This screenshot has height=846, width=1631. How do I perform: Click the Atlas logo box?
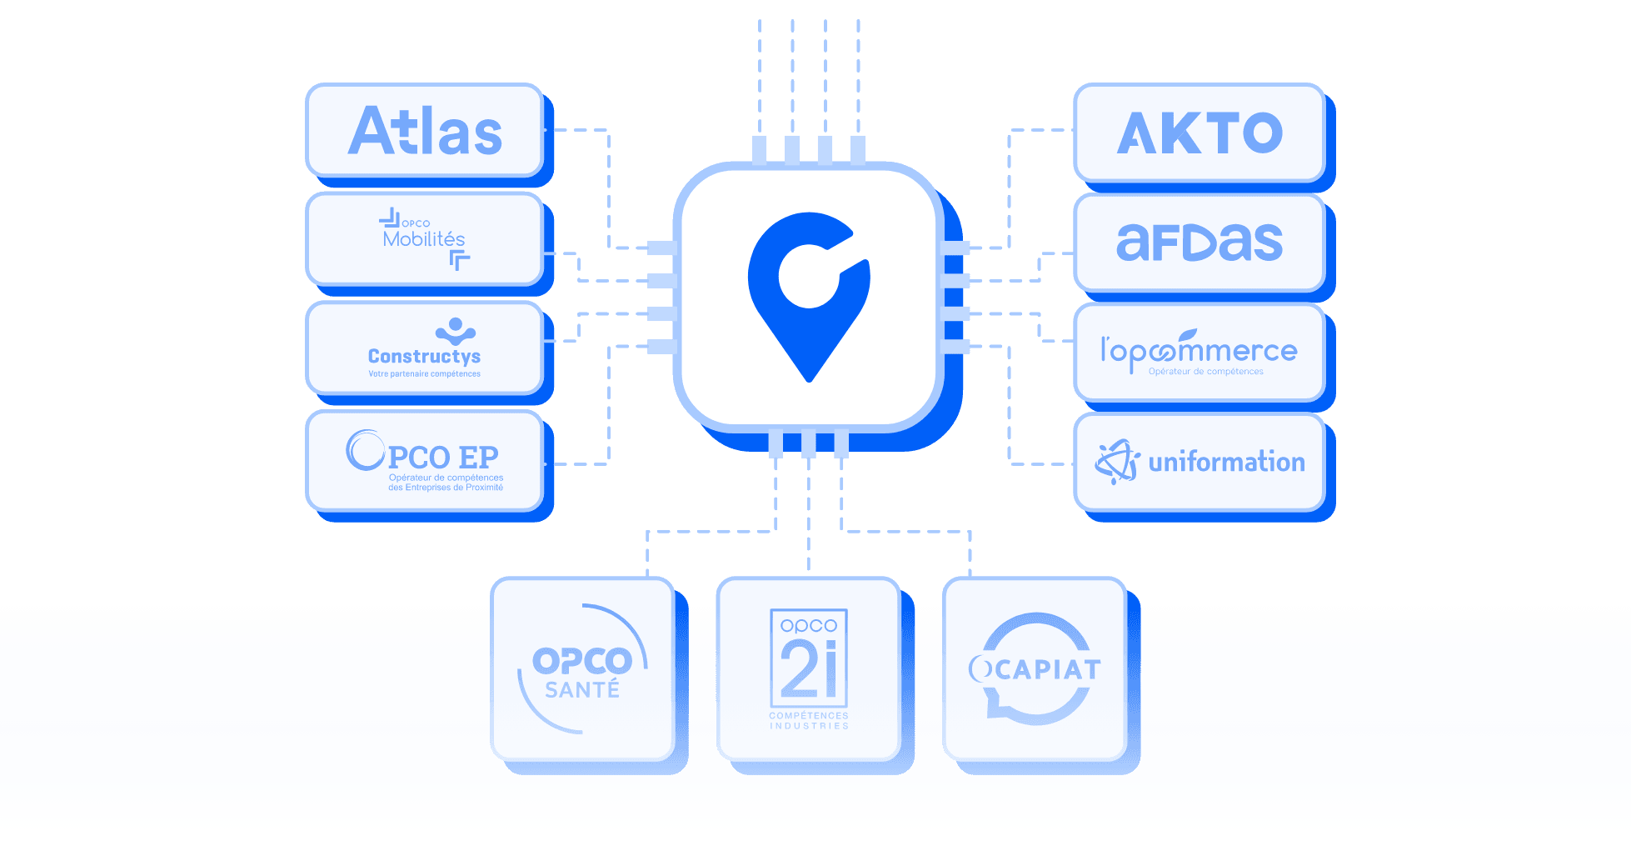point(425,131)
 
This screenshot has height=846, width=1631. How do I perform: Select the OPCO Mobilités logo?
point(424,239)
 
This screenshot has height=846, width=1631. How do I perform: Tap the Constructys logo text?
point(424,356)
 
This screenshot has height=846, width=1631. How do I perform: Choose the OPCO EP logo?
point(424,461)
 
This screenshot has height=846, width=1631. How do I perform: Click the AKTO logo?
point(1199,133)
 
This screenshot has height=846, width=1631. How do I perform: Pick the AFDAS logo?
point(1199,243)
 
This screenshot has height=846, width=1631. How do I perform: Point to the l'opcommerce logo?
point(1199,352)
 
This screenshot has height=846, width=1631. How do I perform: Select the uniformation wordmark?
point(1226,462)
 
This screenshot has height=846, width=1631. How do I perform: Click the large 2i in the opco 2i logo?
point(808,668)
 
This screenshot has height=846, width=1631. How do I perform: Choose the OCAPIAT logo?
point(1035,668)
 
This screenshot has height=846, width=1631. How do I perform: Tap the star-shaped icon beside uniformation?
point(1117,462)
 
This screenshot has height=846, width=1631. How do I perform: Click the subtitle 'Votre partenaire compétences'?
point(424,374)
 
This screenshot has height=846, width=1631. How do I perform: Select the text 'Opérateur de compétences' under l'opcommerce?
point(1205,372)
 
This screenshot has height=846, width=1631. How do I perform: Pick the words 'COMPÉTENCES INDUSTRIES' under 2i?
point(808,721)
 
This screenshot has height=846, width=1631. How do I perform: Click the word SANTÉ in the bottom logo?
point(582,690)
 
